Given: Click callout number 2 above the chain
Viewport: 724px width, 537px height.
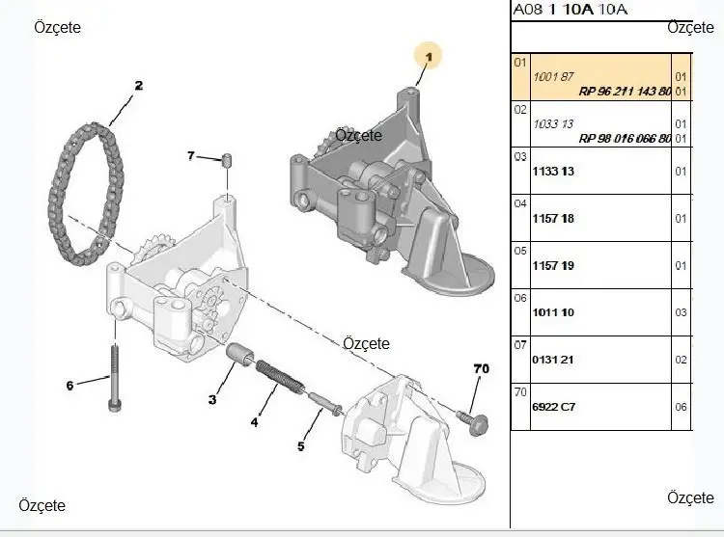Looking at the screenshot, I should click(138, 86).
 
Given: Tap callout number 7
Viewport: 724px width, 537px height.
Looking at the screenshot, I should click(191, 155).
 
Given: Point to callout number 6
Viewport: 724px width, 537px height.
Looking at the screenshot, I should click(70, 386).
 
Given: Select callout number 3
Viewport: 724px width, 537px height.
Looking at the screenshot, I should click(211, 399).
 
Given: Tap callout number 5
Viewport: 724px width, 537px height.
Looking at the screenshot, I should click(300, 446).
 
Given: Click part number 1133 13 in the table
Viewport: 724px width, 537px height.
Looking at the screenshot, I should click(553, 172).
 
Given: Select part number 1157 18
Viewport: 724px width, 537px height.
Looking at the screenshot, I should click(553, 219).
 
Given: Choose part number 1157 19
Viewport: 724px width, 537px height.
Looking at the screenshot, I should click(553, 265).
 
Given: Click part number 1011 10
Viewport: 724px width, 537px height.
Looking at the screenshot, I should click(553, 312).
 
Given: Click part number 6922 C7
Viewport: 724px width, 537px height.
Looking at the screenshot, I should click(554, 407).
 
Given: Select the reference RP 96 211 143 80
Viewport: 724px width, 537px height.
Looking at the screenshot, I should click(625, 92).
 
